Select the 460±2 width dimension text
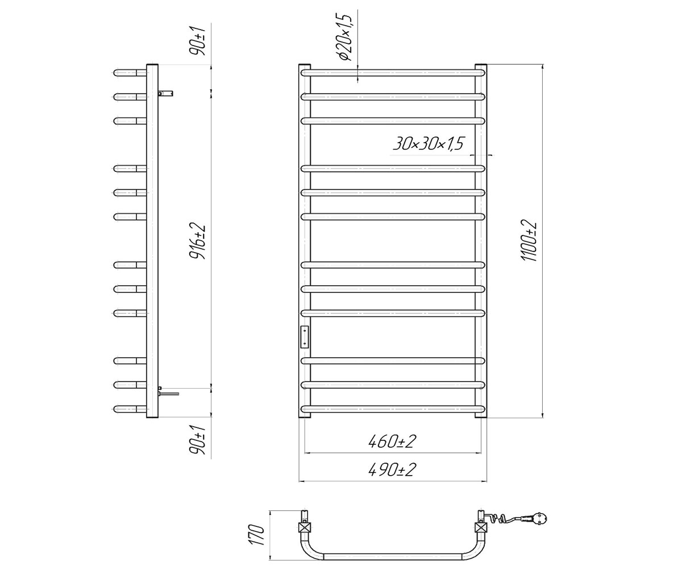[x=392, y=442]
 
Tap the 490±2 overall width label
[x=392, y=470]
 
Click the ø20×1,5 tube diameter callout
[x=346, y=38]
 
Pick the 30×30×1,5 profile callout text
[x=428, y=143]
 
